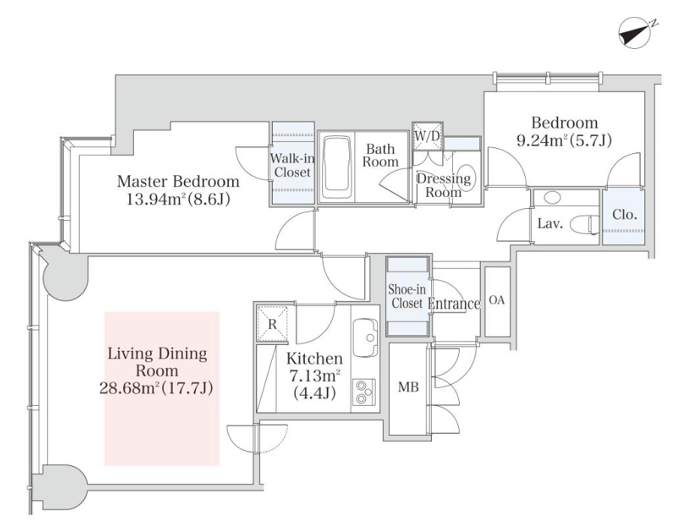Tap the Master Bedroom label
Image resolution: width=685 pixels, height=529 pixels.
click(178, 182)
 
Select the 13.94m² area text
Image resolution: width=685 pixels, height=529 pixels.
click(178, 200)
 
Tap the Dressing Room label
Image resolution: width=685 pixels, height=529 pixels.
click(443, 185)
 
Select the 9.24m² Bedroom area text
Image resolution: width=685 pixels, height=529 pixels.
click(564, 140)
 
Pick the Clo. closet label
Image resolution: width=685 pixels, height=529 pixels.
click(624, 214)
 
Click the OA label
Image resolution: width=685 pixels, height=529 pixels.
click(496, 300)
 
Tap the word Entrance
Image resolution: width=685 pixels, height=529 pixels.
click(454, 304)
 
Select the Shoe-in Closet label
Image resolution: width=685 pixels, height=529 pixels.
click(406, 296)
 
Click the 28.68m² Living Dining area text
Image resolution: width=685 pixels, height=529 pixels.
click(157, 388)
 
